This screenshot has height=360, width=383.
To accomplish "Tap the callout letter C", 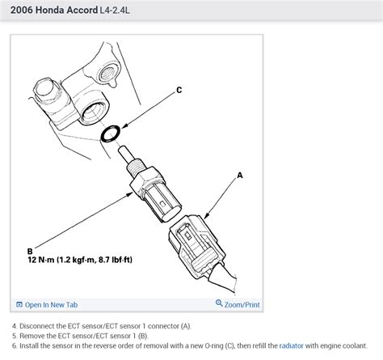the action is click(x=179, y=90).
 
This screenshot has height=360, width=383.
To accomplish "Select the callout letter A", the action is click(x=240, y=176).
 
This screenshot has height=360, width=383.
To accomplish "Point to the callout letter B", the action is click(x=30, y=252).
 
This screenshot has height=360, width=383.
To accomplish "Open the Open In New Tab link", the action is click(x=51, y=305).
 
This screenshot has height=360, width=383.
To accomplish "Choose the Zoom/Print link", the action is click(x=242, y=305).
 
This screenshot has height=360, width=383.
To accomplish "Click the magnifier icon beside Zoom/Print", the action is click(x=219, y=303).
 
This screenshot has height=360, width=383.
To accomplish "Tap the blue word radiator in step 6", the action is click(x=291, y=345).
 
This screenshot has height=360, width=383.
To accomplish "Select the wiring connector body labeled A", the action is click(x=196, y=244).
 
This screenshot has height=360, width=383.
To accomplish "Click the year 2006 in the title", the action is click(x=22, y=10).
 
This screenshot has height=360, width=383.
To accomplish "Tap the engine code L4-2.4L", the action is click(x=115, y=11).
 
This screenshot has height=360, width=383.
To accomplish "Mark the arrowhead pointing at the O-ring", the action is click(x=124, y=126).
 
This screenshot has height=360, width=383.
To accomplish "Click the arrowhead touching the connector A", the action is click(x=206, y=215).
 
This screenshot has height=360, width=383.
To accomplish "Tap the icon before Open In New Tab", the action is click(x=19, y=304).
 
